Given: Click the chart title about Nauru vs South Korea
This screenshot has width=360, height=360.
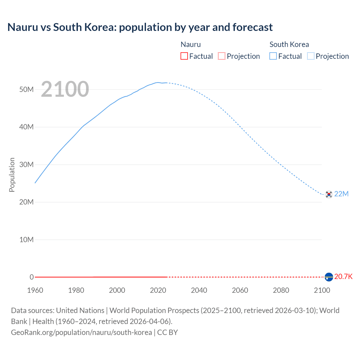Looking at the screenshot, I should coord(140,27).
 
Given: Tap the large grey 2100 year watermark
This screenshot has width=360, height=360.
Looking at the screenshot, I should coord(65,89).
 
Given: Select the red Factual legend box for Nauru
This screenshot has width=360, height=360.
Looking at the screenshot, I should coord(184,56).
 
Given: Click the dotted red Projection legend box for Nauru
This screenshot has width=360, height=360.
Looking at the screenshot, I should coord(222,56).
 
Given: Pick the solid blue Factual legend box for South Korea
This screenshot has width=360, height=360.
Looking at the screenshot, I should coord(273,56).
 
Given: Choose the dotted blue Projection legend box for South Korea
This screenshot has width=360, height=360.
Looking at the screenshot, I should coord(311,56).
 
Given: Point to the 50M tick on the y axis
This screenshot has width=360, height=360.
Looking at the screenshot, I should coord(26,89).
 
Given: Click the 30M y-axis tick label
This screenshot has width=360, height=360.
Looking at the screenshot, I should coord(26,165).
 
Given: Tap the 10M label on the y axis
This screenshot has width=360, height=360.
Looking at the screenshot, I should coord(26,240).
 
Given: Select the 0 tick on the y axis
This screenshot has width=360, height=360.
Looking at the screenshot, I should coord(31,277).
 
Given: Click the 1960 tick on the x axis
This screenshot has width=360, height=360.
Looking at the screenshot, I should coord(35,290).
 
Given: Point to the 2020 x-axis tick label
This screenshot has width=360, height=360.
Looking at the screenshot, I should coord(158,290).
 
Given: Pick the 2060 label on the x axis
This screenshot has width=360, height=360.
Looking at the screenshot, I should coord(240,290).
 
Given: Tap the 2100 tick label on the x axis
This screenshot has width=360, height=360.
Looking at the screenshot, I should coord(322,290).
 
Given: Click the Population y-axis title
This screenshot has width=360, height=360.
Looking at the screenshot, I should coord(12,175).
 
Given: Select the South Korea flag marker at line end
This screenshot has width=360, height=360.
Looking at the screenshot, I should coord(329,194).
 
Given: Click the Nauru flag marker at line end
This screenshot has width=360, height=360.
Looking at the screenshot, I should coord(329,277).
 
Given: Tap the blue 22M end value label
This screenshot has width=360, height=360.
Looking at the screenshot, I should coord(341,194).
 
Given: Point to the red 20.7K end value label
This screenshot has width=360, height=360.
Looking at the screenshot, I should coord(343,276).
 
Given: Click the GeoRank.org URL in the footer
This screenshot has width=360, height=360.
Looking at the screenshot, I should coord(82,332).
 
